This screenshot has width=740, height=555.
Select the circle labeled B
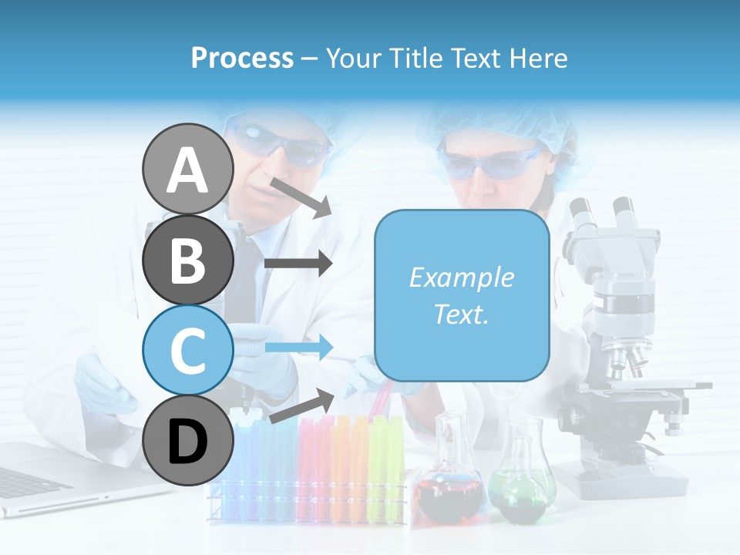pos(188,260)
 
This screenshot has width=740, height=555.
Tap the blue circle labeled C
pos(188,350)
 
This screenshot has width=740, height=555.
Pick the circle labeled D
pos(188,441)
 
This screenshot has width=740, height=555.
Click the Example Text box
pos(462,295)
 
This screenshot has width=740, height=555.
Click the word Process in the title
pos(242,58)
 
